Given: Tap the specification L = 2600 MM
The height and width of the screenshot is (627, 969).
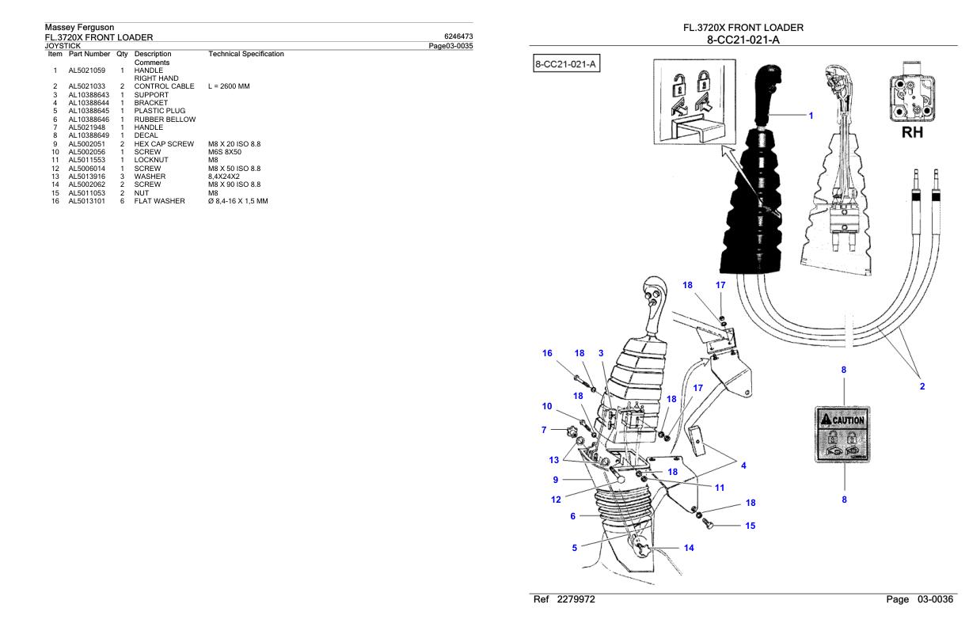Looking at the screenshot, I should [229, 85].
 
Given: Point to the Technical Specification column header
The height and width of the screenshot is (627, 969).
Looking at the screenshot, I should [245, 54].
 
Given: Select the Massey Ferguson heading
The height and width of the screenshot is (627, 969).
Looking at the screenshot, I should [80, 28].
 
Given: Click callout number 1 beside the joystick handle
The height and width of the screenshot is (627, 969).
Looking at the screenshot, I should [809, 116].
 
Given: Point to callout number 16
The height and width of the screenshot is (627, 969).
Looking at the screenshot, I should [546, 353].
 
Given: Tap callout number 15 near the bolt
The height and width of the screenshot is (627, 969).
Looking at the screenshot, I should [750, 525].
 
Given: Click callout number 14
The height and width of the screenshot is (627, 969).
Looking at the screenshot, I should [688, 548].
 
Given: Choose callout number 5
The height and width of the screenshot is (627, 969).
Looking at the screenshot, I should [574, 545].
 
